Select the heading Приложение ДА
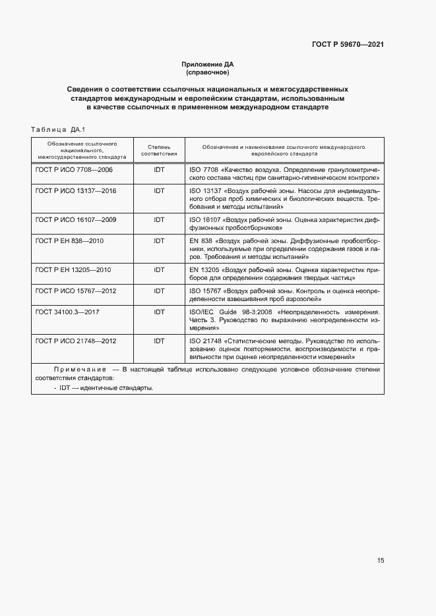(x=208, y=64)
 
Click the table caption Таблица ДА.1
(x=59, y=129)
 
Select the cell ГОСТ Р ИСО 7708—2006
(x=74, y=169)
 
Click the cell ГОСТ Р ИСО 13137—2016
(x=76, y=190)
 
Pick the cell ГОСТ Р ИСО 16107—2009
(x=76, y=219)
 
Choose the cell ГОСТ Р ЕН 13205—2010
(x=73, y=269)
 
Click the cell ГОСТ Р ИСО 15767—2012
(x=76, y=290)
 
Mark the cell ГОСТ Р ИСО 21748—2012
(x=76, y=341)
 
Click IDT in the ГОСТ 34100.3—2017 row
(x=159, y=311)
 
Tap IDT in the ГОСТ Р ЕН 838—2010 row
(x=159, y=240)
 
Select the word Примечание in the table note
(x=78, y=370)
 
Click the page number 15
(x=381, y=561)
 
